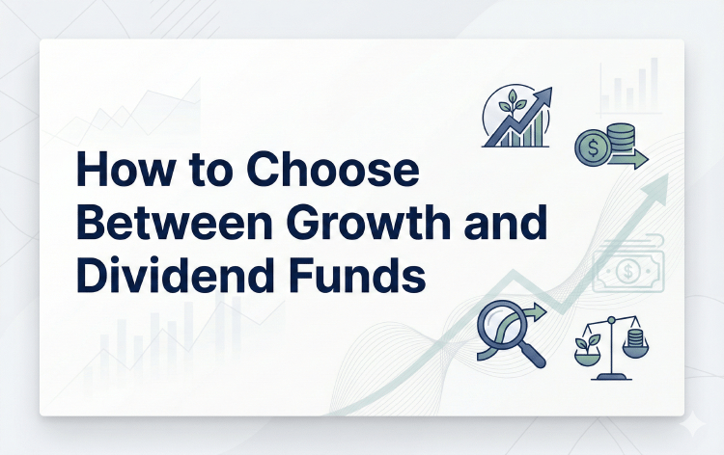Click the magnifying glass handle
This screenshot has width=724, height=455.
[532, 356]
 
